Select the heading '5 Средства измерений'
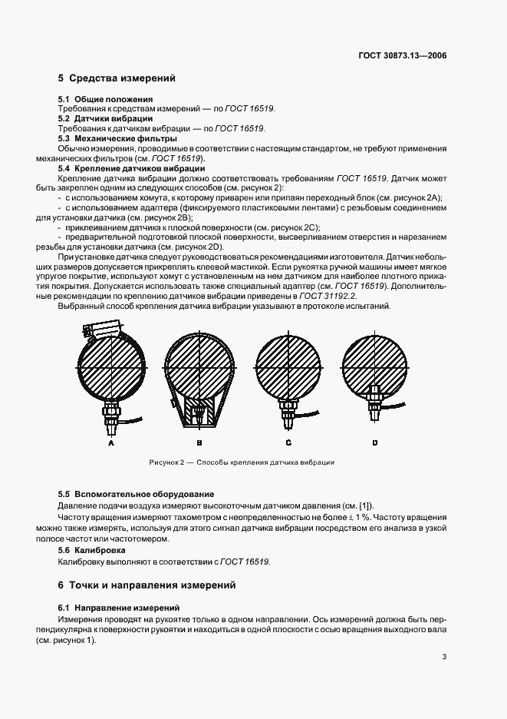click(x=117, y=78)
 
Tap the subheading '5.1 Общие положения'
click(x=106, y=100)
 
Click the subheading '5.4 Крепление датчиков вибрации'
click(x=131, y=167)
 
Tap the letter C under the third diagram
click(x=288, y=443)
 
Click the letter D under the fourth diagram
click(x=375, y=443)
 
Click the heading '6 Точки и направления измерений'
click(x=147, y=585)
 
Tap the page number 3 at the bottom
click(x=444, y=656)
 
